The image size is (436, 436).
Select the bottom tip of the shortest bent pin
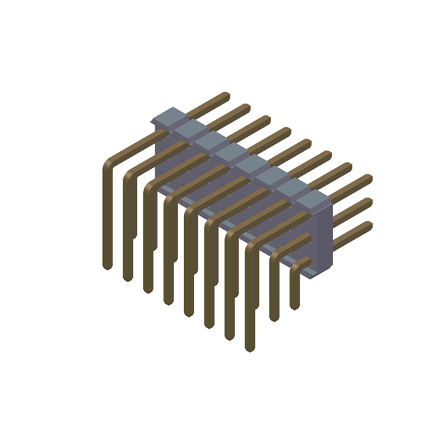(x=295, y=306)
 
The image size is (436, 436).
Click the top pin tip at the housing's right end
(x=369, y=178)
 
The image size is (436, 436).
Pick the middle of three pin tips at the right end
(x=369, y=202)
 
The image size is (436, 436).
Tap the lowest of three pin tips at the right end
(x=369, y=225)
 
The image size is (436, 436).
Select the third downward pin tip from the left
(x=147, y=290)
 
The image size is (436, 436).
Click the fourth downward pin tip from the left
(x=168, y=302)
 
